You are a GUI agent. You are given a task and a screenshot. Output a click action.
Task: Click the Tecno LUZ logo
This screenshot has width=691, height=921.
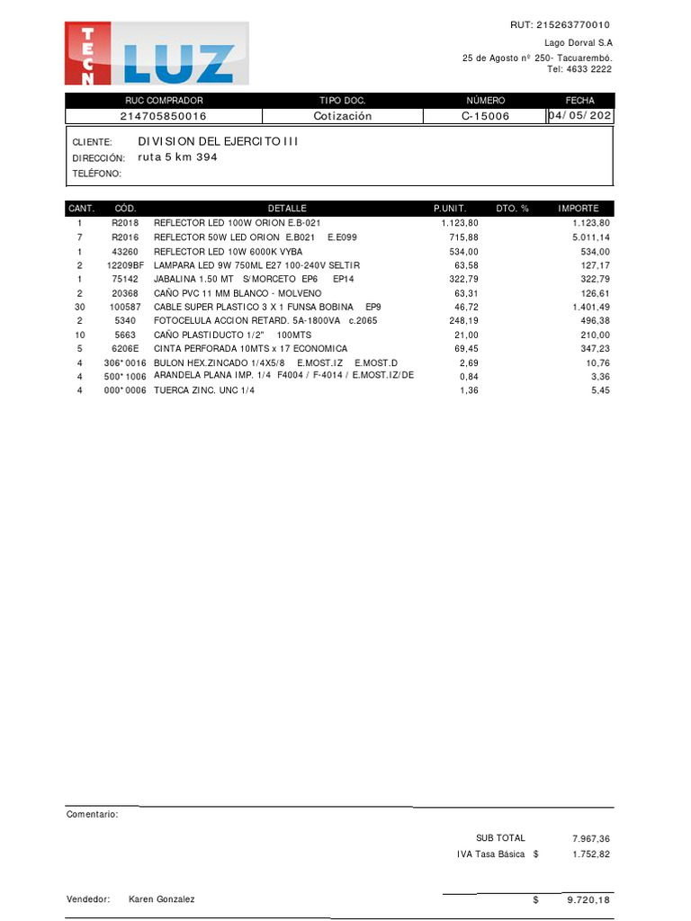157,54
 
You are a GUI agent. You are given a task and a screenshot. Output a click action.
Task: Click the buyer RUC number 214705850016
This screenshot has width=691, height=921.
163,116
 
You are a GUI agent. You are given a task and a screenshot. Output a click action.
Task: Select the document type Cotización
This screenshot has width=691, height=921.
342,116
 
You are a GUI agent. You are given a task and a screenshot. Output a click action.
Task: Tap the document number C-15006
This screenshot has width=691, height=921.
485,116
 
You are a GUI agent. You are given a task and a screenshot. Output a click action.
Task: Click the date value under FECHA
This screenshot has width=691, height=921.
581,116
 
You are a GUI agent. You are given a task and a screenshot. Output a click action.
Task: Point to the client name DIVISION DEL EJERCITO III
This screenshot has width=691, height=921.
218,141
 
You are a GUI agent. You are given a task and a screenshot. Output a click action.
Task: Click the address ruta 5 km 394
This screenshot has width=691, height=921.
177,156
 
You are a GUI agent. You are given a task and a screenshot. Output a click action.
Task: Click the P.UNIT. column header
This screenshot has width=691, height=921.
450,208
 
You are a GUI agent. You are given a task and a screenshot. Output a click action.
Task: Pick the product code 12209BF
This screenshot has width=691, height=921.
125,265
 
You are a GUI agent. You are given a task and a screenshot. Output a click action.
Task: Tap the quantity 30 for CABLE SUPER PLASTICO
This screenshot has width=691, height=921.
79,307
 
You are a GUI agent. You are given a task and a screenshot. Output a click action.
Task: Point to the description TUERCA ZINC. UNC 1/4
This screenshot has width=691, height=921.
204,391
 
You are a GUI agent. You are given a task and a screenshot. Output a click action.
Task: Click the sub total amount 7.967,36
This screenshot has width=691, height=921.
591,838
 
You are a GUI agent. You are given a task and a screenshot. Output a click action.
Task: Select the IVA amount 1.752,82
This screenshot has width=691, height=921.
591,854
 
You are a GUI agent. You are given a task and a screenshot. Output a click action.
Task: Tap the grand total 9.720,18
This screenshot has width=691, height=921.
589,899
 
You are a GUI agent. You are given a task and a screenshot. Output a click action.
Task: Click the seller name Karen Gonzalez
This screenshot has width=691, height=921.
161,899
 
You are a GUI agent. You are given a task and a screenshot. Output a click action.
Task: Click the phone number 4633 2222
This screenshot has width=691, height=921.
591,68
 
